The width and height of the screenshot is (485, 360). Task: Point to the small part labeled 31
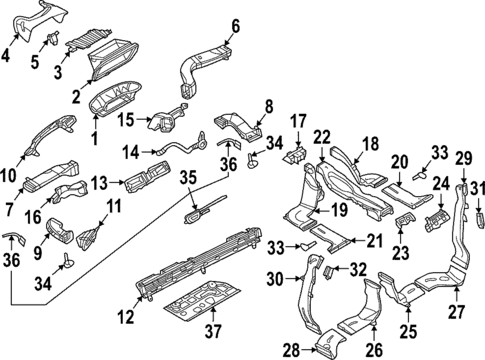pyautogui.click(x=477, y=217)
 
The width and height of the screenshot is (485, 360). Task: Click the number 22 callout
pyautogui.click(x=321, y=137)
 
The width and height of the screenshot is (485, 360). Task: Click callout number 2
pyautogui.click(x=75, y=96)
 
